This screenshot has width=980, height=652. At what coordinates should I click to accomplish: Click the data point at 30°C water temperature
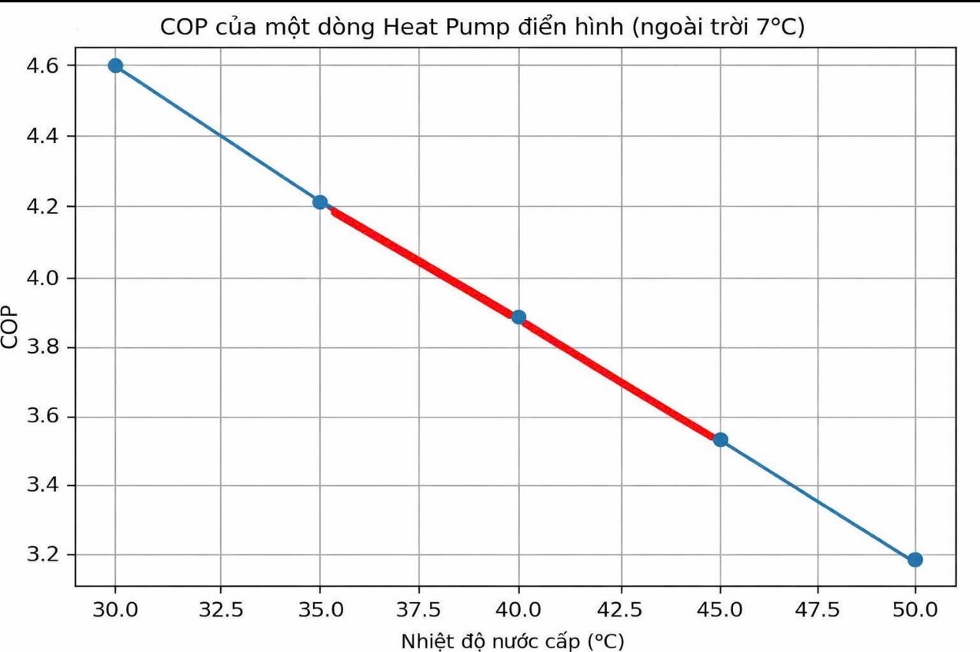pos(115,66)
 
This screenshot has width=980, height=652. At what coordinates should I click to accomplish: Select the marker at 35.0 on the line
pos(320,202)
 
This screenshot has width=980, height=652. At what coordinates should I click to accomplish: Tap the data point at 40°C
pos(518,317)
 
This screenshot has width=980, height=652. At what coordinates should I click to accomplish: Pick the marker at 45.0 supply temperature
pos(720,440)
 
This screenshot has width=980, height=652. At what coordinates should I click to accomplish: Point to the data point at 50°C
pos(915,560)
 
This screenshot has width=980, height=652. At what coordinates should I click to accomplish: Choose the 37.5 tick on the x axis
pos(419,610)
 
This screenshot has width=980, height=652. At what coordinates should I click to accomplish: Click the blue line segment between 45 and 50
pos(817,500)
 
